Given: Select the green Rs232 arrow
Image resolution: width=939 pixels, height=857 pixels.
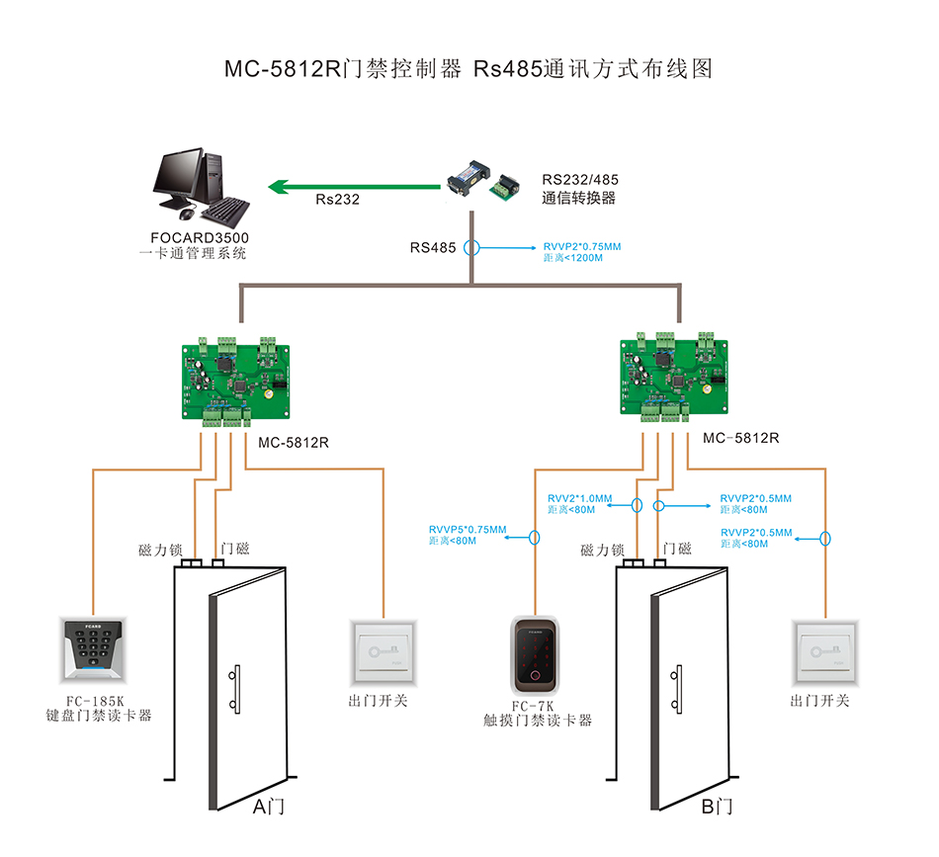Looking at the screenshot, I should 356,185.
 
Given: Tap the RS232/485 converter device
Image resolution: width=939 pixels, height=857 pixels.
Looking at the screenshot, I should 484,179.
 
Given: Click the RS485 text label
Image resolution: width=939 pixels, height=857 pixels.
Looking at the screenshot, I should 433,248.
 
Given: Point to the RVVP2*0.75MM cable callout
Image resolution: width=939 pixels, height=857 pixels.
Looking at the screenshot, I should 582,246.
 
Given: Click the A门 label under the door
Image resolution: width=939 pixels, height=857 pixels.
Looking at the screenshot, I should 268,807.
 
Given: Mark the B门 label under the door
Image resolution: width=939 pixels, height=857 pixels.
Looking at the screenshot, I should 717,807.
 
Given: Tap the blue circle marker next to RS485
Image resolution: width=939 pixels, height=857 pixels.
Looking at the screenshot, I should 472,248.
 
